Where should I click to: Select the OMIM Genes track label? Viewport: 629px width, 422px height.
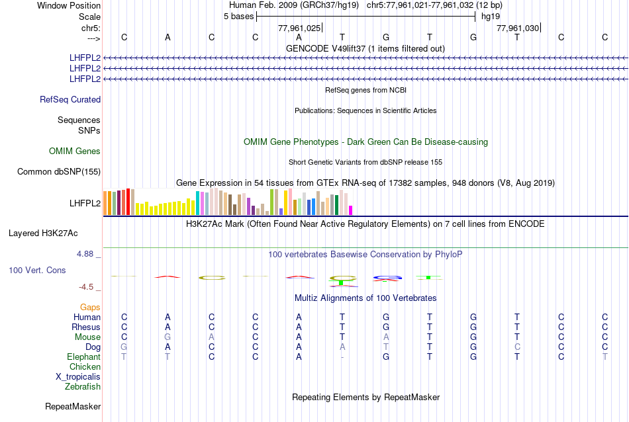click(75, 151)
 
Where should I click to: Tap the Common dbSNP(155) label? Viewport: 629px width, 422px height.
click(59, 172)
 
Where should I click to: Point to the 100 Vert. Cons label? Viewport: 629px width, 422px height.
click(38, 271)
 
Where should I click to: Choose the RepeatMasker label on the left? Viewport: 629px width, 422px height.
click(73, 406)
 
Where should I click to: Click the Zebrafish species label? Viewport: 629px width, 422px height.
click(83, 386)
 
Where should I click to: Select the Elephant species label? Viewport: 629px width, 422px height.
click(84, 357)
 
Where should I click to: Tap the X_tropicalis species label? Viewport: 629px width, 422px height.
click(78, 376)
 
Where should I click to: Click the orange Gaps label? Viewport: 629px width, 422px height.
click(90, 308)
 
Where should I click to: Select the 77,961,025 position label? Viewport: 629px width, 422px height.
click(300, 28)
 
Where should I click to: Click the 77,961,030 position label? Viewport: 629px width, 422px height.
click(518, 28)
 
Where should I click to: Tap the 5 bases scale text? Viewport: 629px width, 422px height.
click(238, 17)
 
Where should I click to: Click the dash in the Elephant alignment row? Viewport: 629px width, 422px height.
click(342, 357)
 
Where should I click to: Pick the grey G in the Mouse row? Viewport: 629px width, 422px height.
click(168, 337)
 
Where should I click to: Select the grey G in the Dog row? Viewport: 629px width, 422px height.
click(124, 347)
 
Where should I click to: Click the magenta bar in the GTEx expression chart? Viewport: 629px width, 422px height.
click(350, 210)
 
